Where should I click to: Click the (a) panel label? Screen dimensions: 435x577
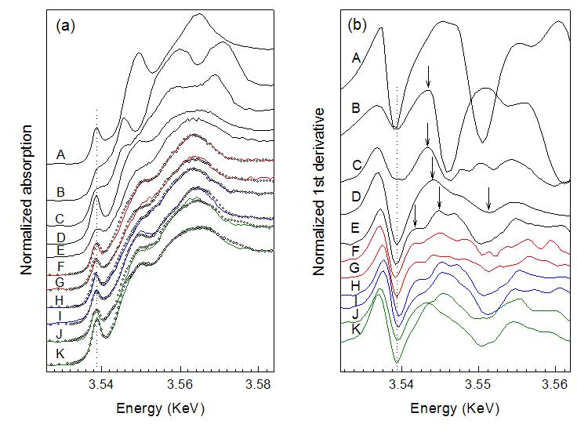coord(64,24)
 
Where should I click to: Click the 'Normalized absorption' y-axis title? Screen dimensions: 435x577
coord(27,198)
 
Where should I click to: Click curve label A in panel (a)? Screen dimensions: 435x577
coord(60,157)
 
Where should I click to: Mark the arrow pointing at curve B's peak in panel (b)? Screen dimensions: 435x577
coord(429,76)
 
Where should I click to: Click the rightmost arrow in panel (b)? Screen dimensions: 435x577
coord(488,198)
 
